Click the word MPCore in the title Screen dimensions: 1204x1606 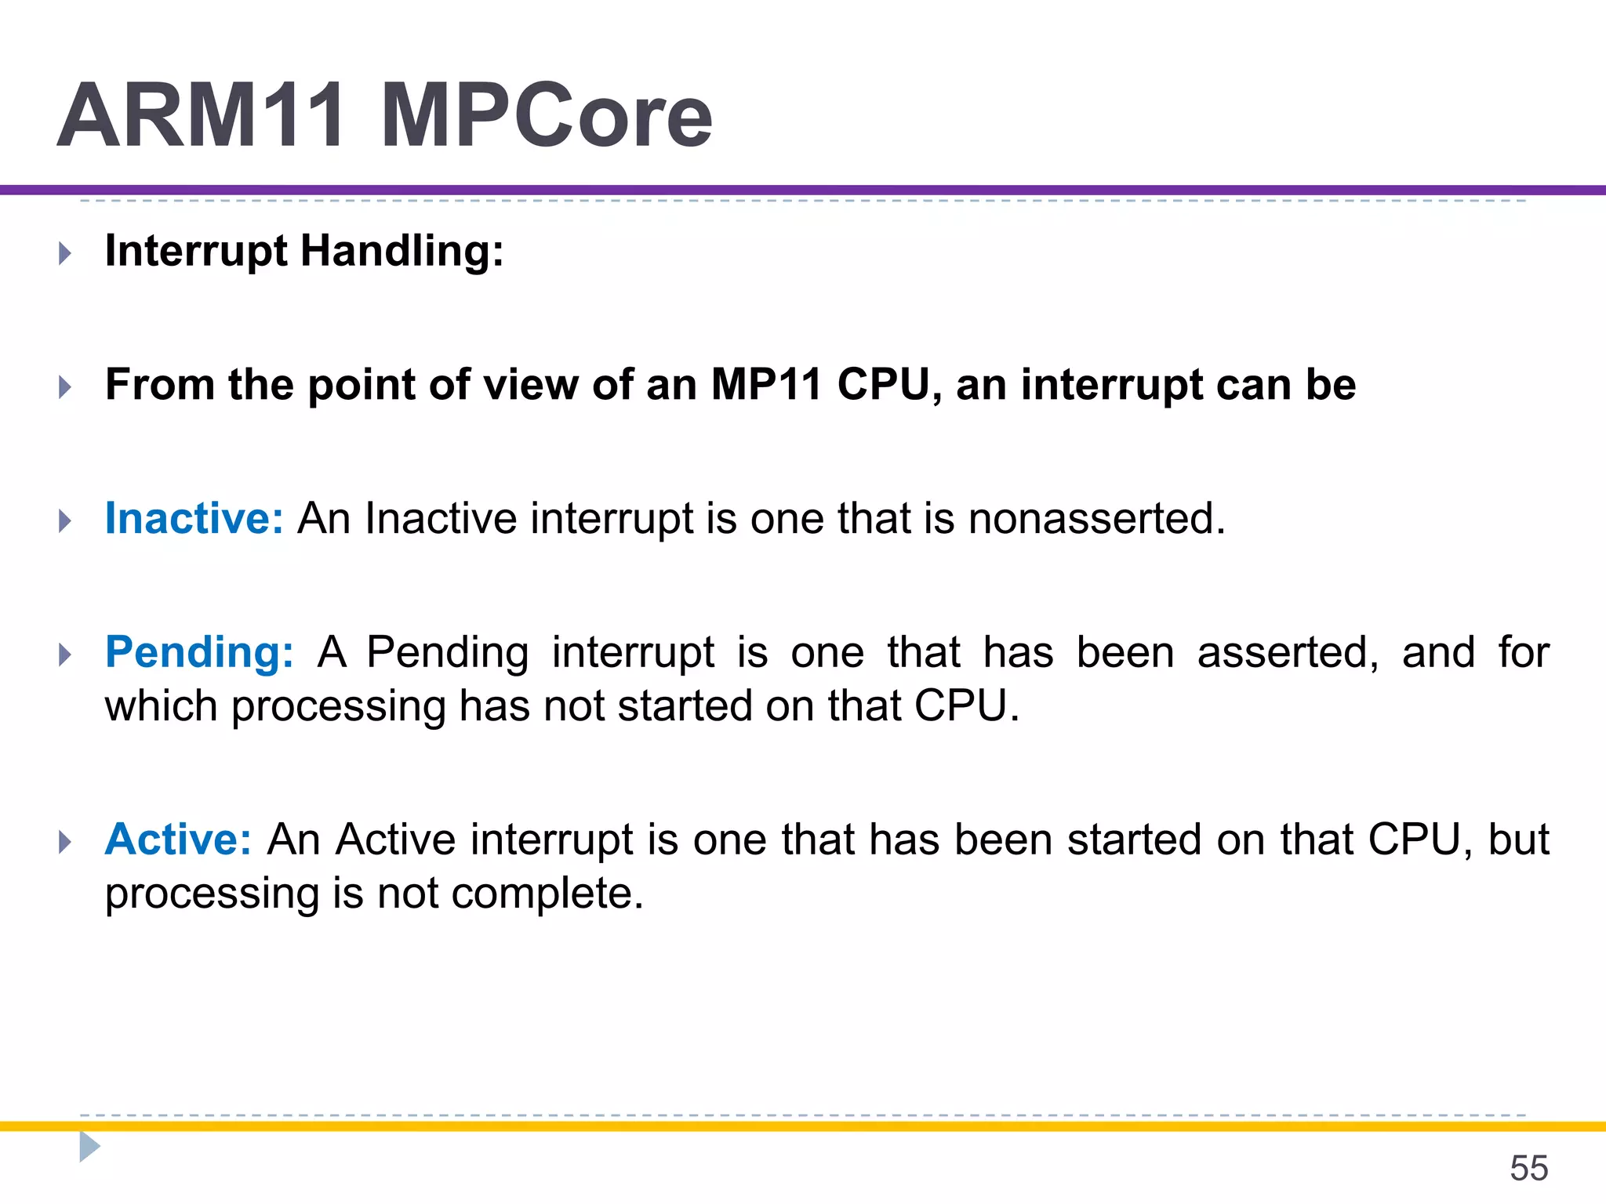coord(546,116)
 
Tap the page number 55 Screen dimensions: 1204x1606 coord(1528,1168)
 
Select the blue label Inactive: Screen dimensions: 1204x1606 coord(194,518)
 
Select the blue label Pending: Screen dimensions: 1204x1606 coord(199,652)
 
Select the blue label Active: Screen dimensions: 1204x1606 coord(178,840)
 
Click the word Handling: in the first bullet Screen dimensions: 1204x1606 coord(401,252)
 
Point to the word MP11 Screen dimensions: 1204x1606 coord(765,385)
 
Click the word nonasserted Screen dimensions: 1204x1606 coord(1096,518)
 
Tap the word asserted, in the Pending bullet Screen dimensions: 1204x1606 coord(1287,652)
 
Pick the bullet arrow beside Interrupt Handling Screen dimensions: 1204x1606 coord(65,253)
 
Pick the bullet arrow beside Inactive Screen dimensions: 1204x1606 coord(65,520)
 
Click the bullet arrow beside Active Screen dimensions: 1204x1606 coord(65,842)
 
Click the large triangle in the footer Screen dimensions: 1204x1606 coord(89,1146)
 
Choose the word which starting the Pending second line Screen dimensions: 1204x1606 coord(161,705)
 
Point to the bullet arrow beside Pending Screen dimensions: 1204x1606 coord(65,655)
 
